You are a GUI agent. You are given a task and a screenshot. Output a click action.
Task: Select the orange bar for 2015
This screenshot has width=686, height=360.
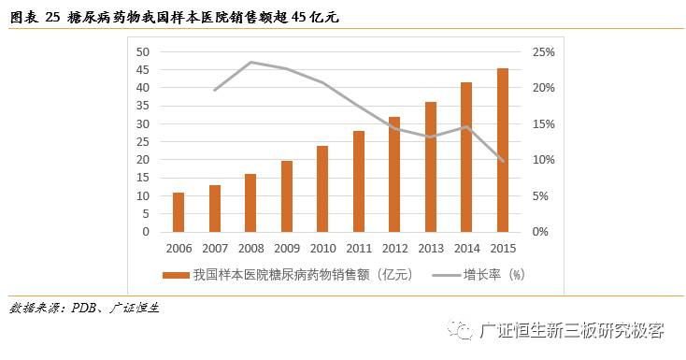pos(503,150)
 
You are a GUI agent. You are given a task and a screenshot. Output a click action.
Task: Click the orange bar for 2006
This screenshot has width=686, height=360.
pos(179,212)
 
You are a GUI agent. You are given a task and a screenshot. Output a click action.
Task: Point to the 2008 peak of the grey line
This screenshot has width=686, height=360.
pos(250,63)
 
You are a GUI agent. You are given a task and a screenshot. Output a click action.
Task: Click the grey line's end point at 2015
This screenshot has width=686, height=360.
pos(503,161)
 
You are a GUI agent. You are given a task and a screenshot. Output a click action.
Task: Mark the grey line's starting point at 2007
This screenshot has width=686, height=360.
pos(214,90)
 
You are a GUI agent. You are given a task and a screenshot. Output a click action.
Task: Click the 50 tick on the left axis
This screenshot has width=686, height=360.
pos(143,51)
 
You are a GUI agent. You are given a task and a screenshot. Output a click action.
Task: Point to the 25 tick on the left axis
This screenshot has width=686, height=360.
pos(143,142)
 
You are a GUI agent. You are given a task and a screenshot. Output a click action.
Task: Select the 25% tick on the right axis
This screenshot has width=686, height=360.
pos(545,51)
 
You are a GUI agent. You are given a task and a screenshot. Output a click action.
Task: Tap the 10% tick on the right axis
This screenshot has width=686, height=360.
pos(545,160)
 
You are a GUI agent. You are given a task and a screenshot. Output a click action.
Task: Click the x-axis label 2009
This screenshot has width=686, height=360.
pos(286,249)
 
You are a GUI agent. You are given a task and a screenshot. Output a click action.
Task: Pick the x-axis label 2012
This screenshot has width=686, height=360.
pos(394,249)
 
